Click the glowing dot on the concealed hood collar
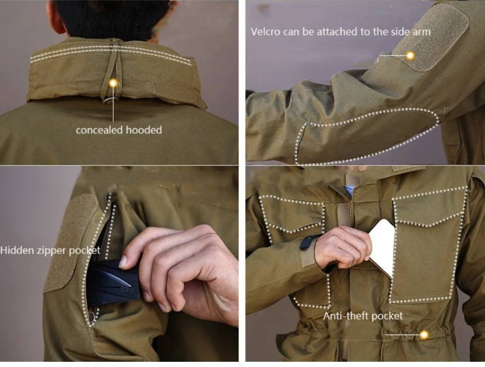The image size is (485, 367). pos(114,83)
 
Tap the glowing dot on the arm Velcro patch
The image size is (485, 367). pos(410,56)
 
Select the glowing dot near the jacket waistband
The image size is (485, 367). pos(424,334)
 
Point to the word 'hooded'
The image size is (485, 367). pos(144,130)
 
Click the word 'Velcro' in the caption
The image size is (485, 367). pos(266,32)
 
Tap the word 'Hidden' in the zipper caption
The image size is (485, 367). pos(17,250)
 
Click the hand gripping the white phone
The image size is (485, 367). pos(343,247)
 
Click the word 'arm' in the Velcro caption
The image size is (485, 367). pos(422,32)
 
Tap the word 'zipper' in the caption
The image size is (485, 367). pos(52,251)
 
